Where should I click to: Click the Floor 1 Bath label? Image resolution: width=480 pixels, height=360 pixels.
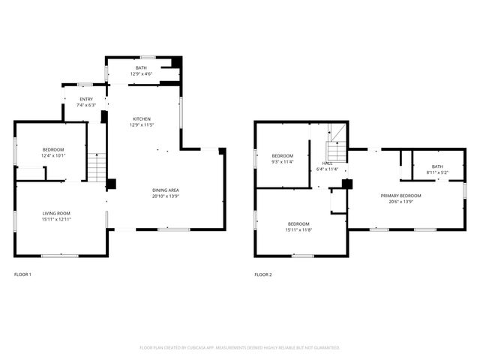(141, 68)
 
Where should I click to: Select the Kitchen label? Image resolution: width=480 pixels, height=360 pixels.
(142, 119)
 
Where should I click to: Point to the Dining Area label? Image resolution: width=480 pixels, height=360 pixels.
(166, 190)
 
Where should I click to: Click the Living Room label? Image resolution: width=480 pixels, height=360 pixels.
(56, 213)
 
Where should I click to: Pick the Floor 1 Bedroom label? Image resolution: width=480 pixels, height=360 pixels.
(52, 149)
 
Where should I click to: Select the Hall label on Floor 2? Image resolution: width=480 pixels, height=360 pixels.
(328, 163)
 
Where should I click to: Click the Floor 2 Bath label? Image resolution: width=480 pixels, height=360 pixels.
(437, 166)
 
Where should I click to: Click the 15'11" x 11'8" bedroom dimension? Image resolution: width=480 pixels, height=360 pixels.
(298, 230)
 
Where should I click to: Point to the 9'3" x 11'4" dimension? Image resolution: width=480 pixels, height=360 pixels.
(282, 161)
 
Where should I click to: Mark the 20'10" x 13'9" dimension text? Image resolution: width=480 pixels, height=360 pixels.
(166, 196)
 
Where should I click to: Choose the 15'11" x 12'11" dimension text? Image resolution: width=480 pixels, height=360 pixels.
(56, 219)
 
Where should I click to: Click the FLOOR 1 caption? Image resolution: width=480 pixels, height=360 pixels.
(23, 274)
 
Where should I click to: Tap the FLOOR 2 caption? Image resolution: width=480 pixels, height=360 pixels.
(263, 274)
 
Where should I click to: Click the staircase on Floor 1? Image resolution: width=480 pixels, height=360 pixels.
(96, 166)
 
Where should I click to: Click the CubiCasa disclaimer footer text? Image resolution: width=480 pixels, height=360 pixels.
(240, 348)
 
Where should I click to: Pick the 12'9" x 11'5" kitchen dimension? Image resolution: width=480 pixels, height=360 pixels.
(142, 125)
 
